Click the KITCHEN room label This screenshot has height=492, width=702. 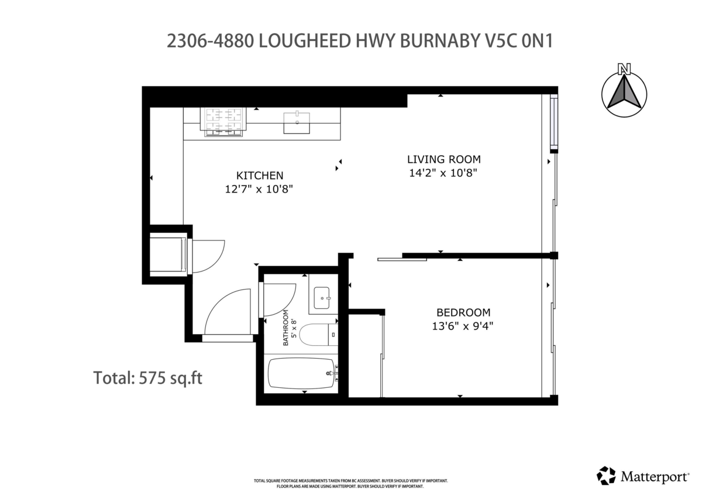[x=260, y=175]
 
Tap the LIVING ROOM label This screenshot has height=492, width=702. [x=443, y=159]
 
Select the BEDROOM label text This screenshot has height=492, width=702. [x=463, y=312]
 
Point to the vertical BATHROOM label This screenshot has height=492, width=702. [x=287, y=328]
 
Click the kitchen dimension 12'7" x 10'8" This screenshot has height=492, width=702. [x=260, y=188]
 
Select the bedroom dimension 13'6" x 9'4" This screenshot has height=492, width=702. [x=459, y=326]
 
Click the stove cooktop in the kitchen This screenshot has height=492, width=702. [x=223, y=122]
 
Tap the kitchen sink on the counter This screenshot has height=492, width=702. [x=297, y=123]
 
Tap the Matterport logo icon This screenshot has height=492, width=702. [x=606, y=476]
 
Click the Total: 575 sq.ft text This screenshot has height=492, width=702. [x=148, y=378]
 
